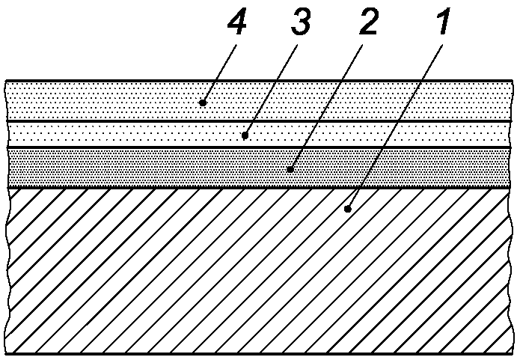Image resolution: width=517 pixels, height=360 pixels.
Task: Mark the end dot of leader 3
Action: [x=245, y=135]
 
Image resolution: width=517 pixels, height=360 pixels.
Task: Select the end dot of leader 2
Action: [x=290, y=169]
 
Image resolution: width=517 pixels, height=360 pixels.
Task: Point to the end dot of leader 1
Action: [x=348, y=210]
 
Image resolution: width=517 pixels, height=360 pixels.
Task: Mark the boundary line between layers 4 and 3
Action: [x=112, y=120]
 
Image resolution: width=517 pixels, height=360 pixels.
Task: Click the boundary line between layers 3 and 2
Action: [x=112, y=148]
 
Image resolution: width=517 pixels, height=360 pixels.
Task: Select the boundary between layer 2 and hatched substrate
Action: [x=112, y=187]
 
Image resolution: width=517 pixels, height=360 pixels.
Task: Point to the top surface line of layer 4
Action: [x=112, y=81]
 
